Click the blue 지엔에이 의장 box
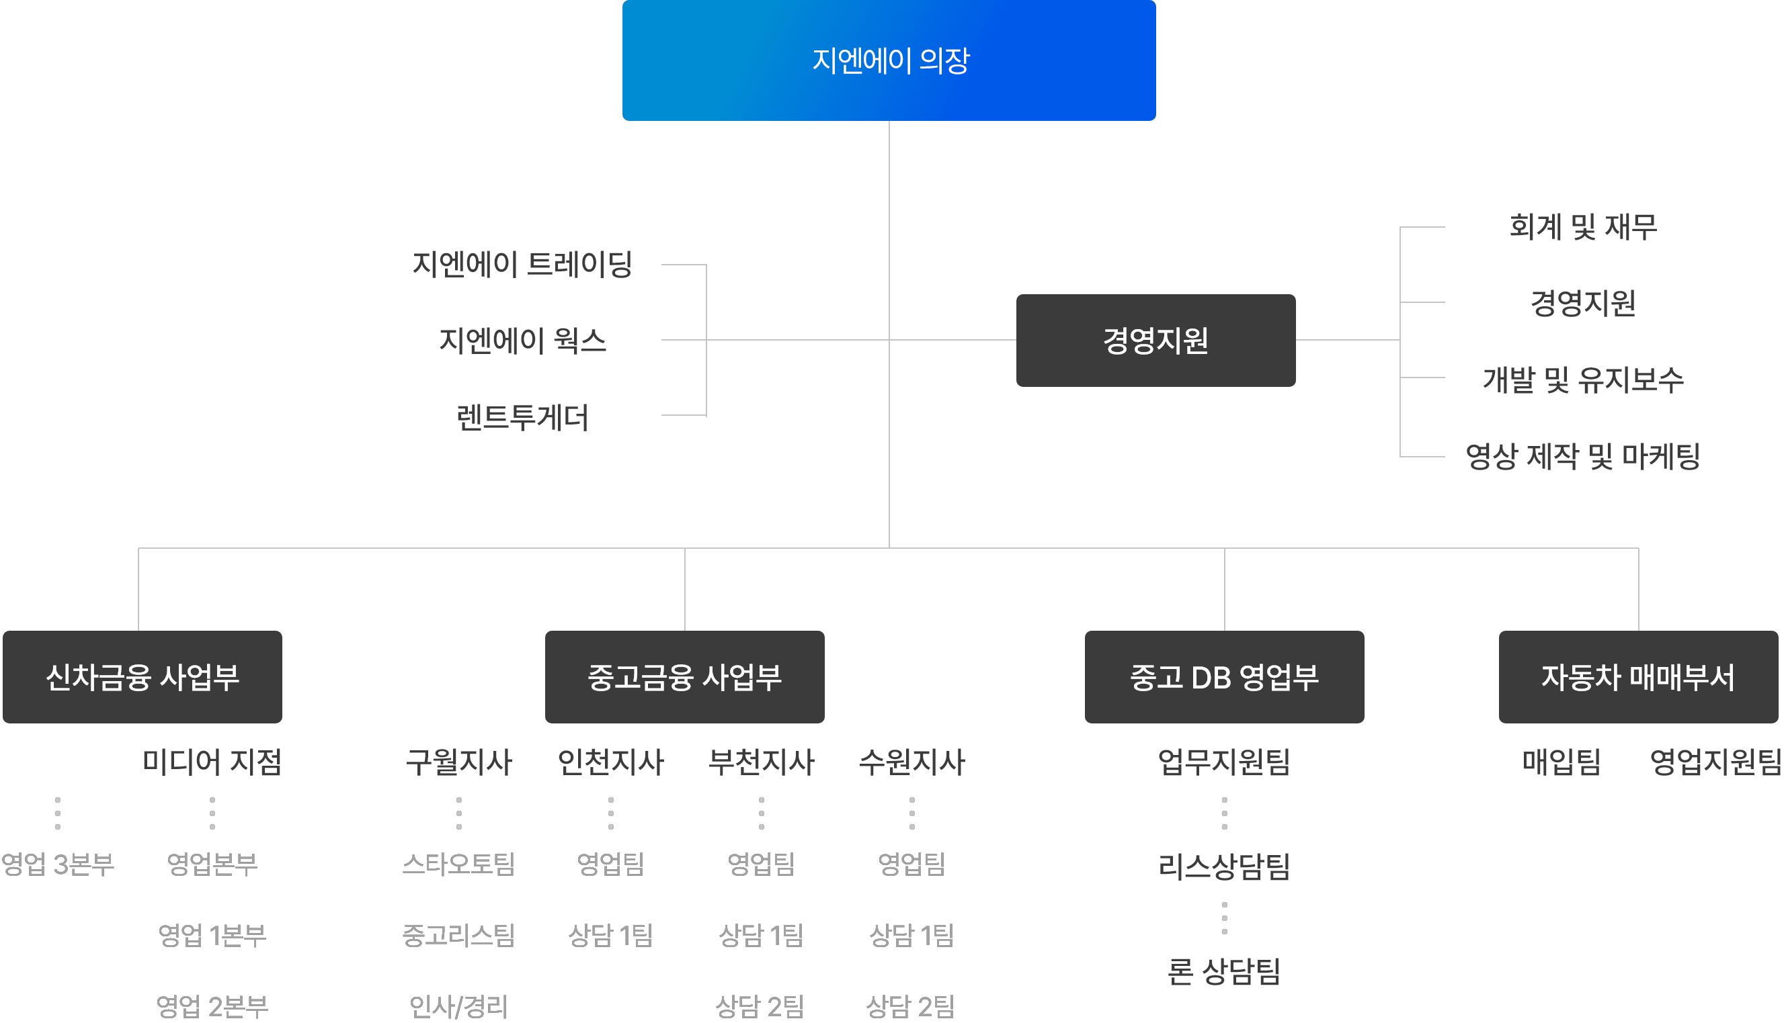[889, 60]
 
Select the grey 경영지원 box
[1155, 341]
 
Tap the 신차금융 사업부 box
[142, 677]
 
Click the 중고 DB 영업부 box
[1224, 677]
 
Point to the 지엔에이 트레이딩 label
[522, 265]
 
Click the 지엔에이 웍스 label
[522, 341]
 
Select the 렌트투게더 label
[522, 417]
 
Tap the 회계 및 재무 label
[1582, 227]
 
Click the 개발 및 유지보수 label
[1582, 380]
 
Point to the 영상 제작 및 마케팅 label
[1582, 457]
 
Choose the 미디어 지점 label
[212, 762]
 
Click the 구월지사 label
[459, 762]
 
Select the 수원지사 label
[911, 762]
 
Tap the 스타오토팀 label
[459, 864]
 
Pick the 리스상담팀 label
[1224, 866]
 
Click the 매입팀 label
[1562, 762]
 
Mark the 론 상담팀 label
[1224, 972]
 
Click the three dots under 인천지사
[611, 813]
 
